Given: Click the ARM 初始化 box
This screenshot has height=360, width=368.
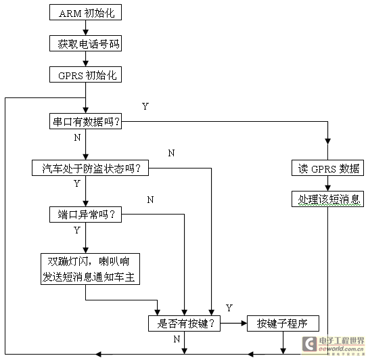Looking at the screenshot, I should [85, 12].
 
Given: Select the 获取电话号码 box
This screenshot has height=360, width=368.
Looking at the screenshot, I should [85, 43].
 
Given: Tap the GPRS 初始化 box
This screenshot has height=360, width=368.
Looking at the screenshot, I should [85, 74].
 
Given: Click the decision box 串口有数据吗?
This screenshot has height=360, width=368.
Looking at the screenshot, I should [85, 122].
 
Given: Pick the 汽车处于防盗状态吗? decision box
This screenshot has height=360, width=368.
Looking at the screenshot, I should [91, 168].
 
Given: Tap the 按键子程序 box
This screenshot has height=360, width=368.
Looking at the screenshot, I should [283, 323].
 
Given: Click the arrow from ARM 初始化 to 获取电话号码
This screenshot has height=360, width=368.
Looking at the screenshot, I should [85, 28].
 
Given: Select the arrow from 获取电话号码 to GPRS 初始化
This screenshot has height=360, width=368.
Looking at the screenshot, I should [85, 59].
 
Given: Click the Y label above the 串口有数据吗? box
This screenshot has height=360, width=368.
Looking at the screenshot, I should [145, 106].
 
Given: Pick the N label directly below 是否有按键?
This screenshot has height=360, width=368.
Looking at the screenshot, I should [177, 338].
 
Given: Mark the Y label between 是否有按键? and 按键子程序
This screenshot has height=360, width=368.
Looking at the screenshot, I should [229, 309].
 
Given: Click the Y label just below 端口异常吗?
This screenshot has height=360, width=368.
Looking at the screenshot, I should [76, 230].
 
